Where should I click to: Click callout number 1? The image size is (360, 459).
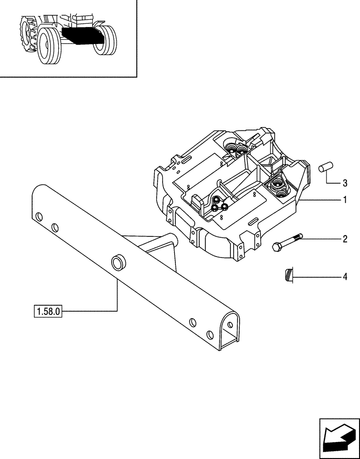tap(344, 201)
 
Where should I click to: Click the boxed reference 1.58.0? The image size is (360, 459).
tap(47, 311)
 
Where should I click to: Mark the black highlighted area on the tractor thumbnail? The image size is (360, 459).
tap(79, 35)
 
